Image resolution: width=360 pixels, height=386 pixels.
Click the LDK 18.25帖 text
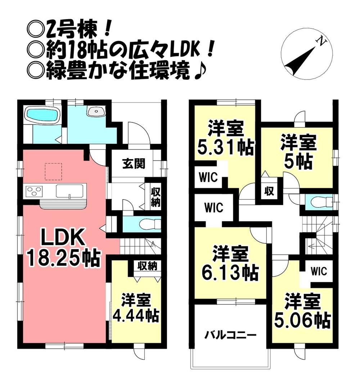tap(63, 248)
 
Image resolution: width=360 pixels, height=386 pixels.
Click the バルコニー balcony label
tap(231, 336)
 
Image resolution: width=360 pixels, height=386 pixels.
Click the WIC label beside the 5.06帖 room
tap(318, 271)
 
